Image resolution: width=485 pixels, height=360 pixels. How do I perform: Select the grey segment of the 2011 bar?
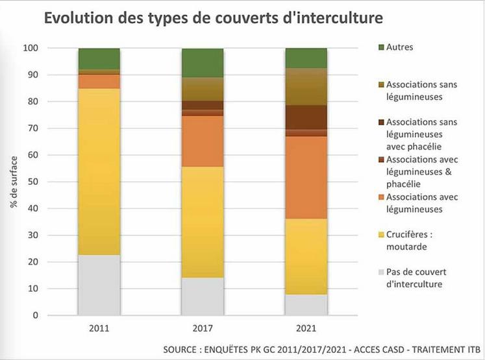pyautogui.click(x=99, y=285)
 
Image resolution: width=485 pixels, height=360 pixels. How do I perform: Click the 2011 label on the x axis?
pyautogui.click(x=99, y=329)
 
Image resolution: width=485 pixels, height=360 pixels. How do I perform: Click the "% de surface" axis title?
pyautogui.click(x=14, y=182)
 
